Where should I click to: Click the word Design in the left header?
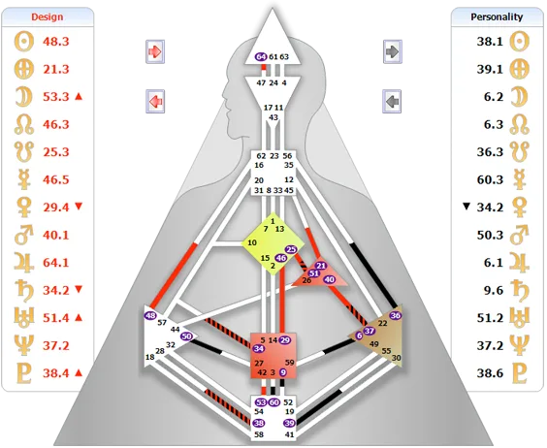(x=48, y=17)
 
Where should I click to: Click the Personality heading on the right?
(x=497, y=17)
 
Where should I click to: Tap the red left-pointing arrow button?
(x=155, y=102)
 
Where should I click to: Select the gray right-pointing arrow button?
(x=393, y=51)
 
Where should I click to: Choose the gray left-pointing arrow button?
(x=392, y=102)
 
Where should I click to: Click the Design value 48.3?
(x=56, y=42)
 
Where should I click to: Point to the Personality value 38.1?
(x=490, y=42)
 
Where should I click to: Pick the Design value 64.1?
(x=56, y=263)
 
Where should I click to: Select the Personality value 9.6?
(x=494, y=290)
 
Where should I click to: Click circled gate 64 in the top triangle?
(x=261, y=56)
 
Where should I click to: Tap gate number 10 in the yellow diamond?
(x=252, y=242)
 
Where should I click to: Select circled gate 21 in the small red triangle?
(x=321, y=266)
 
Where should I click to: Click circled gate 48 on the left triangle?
(x=150, y=315)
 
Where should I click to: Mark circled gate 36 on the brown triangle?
(x=396, y=315)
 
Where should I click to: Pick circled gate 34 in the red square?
(x=259, y=348)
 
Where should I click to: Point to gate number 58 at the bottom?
(x=259, y=434)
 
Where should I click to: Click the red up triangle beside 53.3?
(x=79, y=96)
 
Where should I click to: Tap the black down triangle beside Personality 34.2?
(x=467, y=207)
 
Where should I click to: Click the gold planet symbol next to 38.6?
(x=520, y=373)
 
